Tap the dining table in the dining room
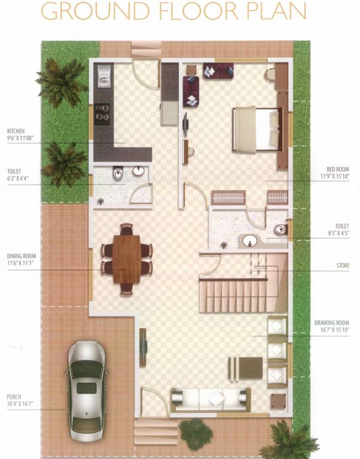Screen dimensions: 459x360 (126, 258)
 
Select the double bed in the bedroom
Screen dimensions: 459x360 (257, 129)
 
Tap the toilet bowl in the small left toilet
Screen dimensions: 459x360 (118, 175)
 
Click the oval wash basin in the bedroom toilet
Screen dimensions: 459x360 (250, 241)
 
